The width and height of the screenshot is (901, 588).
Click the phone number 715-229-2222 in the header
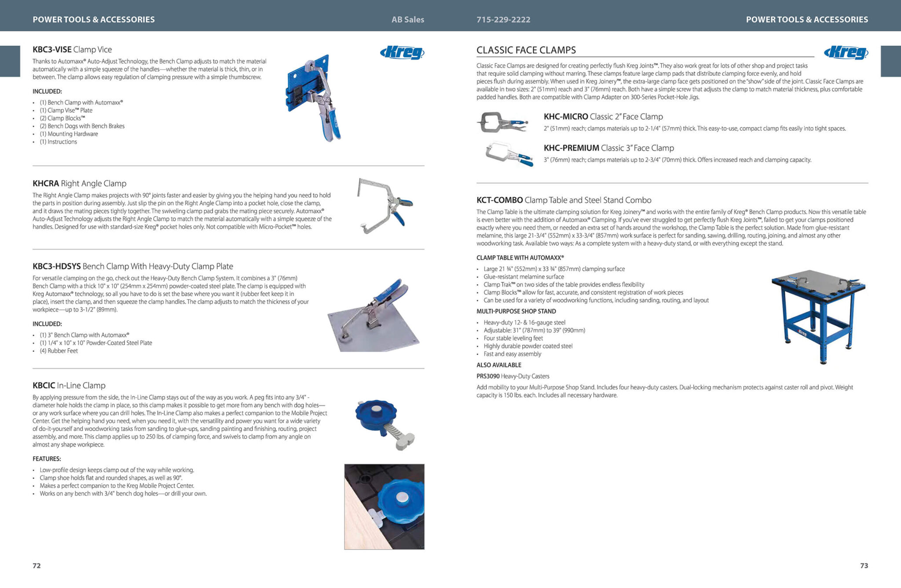(503, 19)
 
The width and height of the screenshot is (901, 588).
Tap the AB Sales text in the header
(408, 19)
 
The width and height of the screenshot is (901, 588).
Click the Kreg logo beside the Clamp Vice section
(402, 53)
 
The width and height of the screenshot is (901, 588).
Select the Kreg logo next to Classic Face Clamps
(846, 53)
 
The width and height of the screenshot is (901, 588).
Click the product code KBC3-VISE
(52, 50)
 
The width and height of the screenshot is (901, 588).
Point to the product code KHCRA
(46, 184)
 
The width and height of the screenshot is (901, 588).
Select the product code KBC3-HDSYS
(57, 266)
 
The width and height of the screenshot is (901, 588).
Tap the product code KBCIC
(44, 386)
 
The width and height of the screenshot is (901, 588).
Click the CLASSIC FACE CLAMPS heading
(526, 50)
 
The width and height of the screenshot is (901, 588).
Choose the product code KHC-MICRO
(566, 117)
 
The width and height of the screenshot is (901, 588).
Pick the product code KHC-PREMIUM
(571, 148)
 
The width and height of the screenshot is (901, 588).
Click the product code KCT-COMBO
(500, 200)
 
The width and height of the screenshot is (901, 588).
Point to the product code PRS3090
(488, 376)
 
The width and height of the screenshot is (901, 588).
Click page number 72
(37, 566)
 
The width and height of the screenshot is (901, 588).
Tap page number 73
(864, 566)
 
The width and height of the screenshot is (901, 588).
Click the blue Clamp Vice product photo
(313, 97)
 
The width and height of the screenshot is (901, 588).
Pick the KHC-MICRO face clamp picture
(502, 122)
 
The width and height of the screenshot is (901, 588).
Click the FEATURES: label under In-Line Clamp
(47, 459)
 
